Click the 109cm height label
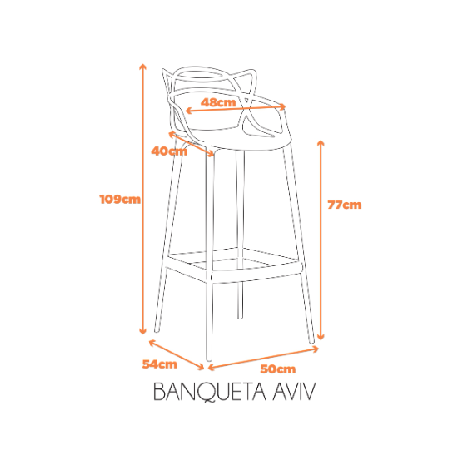pyautogui.click(x=120, y=199)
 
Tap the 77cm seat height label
pyautogui.click(x=345, y=205)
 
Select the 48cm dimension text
pyautogui.click(x=218, y=102)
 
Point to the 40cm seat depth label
pyautogui.click(x=169, y=151)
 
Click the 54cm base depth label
pyautogui.click(x=160, y=364)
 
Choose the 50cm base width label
pyautogui.click(x=278, y=369)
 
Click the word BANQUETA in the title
pyautogui.click(x=210, y=392)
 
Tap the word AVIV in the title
pyautogui.click(x=294, y=391)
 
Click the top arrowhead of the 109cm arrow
pyautogui.click(x=143, y=65)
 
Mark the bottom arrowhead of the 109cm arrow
pyautogui.click(x=143, y=332)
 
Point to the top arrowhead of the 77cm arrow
pyautogui.click(x=321, y=141)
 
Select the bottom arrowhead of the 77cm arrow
pyautogui.click(x=321, y=338)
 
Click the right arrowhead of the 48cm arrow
pyautogui.click(x=284, y=106)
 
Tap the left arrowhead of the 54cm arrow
pyautogui.click(x=151, y=342)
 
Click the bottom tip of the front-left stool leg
pyautogui.click(x=209, y=359)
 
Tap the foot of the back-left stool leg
pyautogui.click(x=157, y=330)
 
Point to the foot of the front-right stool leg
pyautogui.click(x=311, y=341)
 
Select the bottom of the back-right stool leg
pyautogui.click(x=240, y=318)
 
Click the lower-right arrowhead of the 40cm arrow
pyautogui.click(x=212, y=155)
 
